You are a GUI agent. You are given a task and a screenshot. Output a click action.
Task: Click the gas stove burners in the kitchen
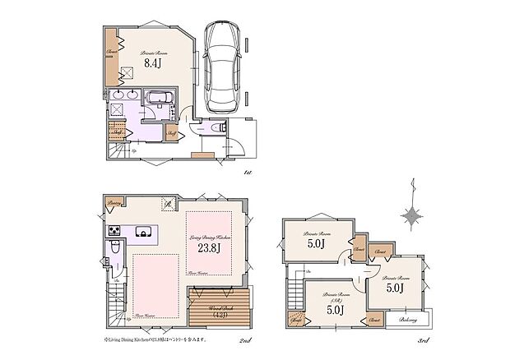click(112, 229)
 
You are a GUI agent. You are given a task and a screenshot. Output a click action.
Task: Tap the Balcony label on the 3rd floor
click(407, 320)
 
